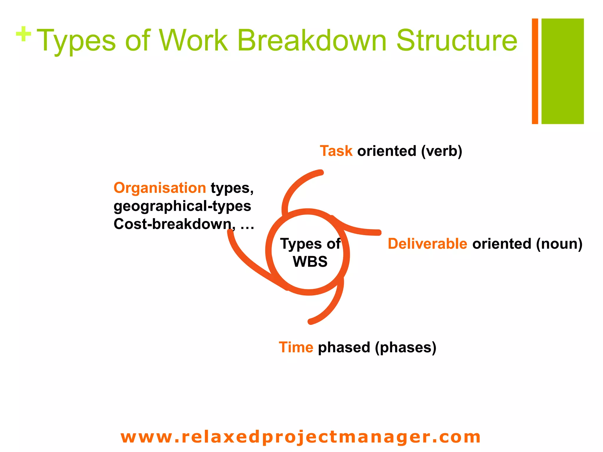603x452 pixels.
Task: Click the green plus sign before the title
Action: tap(24, 34)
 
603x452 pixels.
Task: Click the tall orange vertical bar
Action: tap(535, 71)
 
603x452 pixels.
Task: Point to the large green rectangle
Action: tap(562, 71)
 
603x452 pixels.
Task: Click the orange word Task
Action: tap(336, 151)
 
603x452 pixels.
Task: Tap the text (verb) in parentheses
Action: tap(441, 151)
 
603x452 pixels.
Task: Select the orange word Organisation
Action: tap(160, 188)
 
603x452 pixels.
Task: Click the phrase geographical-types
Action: tap(182, 206)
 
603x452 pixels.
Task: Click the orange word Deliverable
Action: tap(427, 244)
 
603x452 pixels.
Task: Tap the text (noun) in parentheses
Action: tap(559, 244)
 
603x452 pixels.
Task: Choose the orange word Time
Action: tap(296, 347)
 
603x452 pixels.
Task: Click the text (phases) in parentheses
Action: tap(405, 348)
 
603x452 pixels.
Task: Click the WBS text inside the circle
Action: tap(310, 262)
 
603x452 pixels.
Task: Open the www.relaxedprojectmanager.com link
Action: tap(301, 437)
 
